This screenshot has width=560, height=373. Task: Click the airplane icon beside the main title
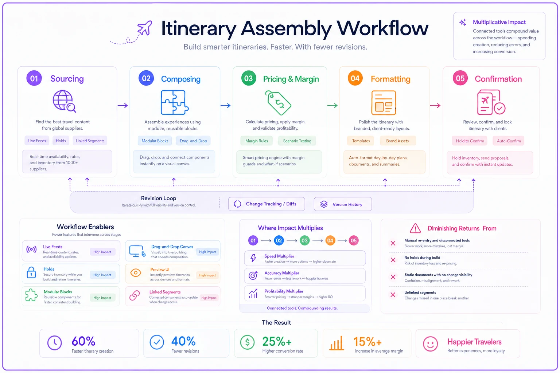(145, 28)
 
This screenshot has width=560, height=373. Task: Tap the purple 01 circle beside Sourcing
(34, 78)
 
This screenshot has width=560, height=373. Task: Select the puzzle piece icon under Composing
(174, 102)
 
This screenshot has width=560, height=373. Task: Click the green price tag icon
(278, 103)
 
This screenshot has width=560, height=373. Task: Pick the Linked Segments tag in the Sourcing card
(90, 141)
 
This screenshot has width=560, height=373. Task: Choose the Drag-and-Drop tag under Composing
(193, 141)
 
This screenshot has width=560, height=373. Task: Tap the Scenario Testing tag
(297, 141)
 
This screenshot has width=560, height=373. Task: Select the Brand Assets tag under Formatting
(397, 141)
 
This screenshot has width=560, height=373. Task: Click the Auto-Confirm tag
(509, 141)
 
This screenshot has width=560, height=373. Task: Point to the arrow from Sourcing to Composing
(123, 105)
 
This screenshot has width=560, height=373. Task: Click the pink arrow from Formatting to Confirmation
(435, 105)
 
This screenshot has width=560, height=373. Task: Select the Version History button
(343, 204)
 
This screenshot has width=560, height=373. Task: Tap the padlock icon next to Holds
(31, 272)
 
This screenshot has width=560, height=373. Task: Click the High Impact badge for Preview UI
(207, 275)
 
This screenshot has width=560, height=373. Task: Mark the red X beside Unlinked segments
(393, 295)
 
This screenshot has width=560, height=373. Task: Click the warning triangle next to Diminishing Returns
(415, 228)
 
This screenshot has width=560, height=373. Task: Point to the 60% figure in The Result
(83, 341)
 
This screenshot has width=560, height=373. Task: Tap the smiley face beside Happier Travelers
(430, 344)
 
